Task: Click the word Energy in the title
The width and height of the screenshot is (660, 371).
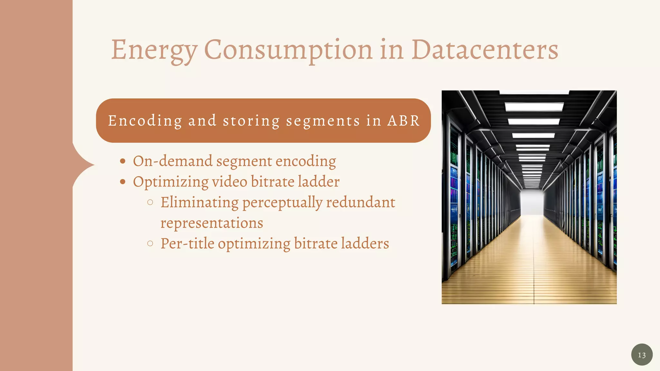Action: pyautogui.click(x=154, y=50)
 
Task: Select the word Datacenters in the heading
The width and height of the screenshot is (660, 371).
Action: pyautogui.click(x=485, y=50)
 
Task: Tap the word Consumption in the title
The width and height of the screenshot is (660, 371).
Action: pyautogui.click(x=288, y=50)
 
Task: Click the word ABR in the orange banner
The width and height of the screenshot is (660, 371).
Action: pyautogui.click(x=403, y=121)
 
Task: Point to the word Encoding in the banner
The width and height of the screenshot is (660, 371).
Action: pyautogui.click(x=145, y=121)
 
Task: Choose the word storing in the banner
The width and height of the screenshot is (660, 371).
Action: pyautogui.click(x=251, y=121)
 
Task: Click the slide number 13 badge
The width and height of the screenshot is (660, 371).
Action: pyautogui.click(x=642, y=355)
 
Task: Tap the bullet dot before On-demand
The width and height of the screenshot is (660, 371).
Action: pyautogui.click(x=122, y=161)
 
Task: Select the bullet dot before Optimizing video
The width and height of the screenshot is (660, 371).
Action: pyautogui.click(x=122, y=182)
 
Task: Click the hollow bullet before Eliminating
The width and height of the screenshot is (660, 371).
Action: pyautogui.click(x=150, y=203)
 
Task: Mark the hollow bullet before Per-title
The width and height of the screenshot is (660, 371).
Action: pyautogui.click(x=150, y=243)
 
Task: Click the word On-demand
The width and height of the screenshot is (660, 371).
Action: pyautogui.click(x=173, y=161)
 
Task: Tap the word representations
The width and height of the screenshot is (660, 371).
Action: pyautogui.click(x=212, y=223)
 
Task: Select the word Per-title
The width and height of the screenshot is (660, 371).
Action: pyautogui.click(x=187, y=243)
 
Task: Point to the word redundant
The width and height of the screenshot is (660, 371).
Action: pyautogui.click(x=360, y=203)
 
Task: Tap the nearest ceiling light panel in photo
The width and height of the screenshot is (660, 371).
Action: pyautogui.click(x=534, y=106)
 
